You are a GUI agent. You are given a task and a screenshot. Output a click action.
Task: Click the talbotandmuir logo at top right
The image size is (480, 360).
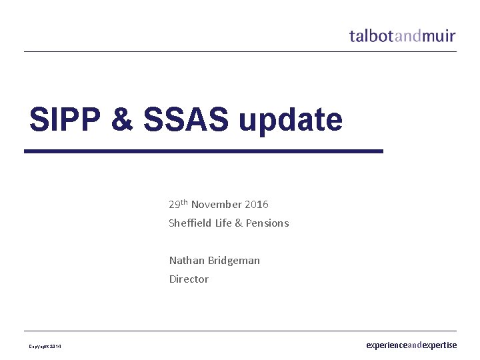403,35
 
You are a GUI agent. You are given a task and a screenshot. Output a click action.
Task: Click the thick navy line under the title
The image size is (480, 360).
203,151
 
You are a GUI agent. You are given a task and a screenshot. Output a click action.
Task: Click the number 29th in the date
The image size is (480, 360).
178,204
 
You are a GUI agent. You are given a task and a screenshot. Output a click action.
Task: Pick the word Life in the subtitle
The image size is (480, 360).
223,223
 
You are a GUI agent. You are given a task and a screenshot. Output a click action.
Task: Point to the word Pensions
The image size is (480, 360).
267,223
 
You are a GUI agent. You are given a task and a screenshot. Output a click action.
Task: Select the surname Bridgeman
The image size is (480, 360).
233,261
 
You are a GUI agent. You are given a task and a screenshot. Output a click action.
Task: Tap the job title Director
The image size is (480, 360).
189,279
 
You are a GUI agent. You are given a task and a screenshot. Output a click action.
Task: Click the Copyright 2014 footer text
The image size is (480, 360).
45,347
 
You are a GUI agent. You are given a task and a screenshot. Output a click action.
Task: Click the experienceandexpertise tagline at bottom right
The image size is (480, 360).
411,345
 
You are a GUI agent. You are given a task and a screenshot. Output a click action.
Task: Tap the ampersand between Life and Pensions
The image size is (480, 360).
239,223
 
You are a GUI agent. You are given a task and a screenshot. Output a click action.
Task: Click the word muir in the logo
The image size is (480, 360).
439,35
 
